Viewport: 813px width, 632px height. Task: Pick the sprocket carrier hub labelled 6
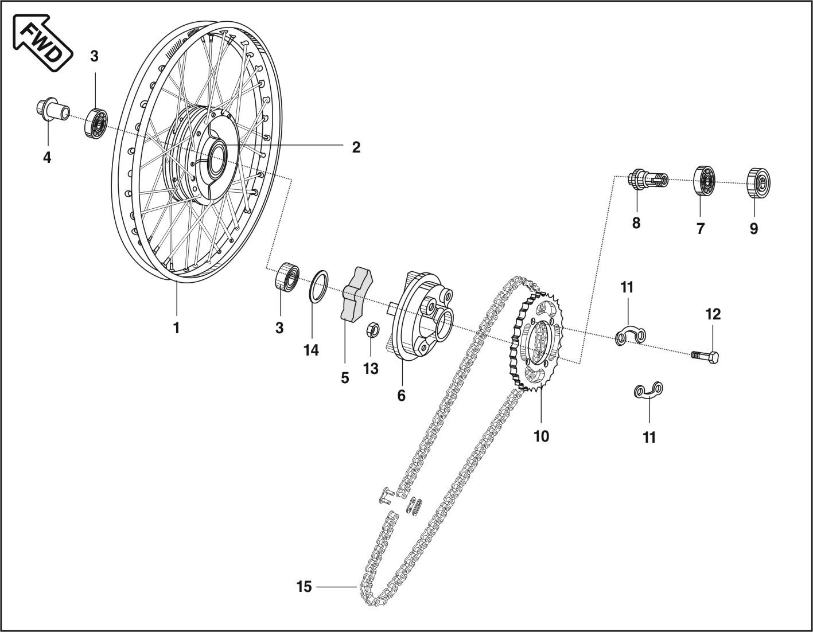422,316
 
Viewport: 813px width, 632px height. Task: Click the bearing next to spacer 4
96,122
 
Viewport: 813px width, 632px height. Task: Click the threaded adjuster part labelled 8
648,180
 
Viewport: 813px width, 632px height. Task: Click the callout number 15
304,587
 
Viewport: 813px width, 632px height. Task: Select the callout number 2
356,147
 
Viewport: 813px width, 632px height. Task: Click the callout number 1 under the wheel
176,328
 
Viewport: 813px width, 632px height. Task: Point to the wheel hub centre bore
217,155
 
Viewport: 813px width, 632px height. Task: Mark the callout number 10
541,436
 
